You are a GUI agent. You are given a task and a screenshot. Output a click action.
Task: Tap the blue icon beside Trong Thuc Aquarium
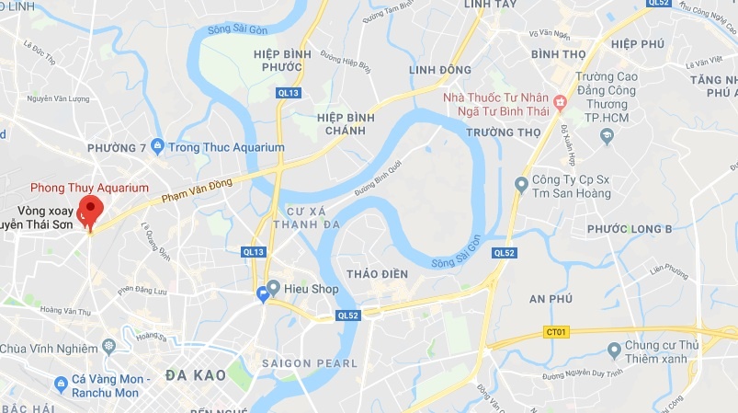click(157, 146)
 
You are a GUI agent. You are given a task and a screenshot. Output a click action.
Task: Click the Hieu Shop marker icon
click(273, 289)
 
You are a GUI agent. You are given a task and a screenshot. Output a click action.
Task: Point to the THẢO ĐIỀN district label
click(376, 273)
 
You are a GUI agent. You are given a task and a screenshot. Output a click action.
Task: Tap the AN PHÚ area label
click(551, 298)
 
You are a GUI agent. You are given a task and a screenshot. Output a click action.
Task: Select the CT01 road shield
click(556, 332)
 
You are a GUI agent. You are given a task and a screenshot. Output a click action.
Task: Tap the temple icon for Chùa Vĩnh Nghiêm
click(109, 347)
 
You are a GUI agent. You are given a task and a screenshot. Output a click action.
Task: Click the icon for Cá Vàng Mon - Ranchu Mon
click(61, 382)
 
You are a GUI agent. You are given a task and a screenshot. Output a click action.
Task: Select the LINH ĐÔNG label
click(440, 70)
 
